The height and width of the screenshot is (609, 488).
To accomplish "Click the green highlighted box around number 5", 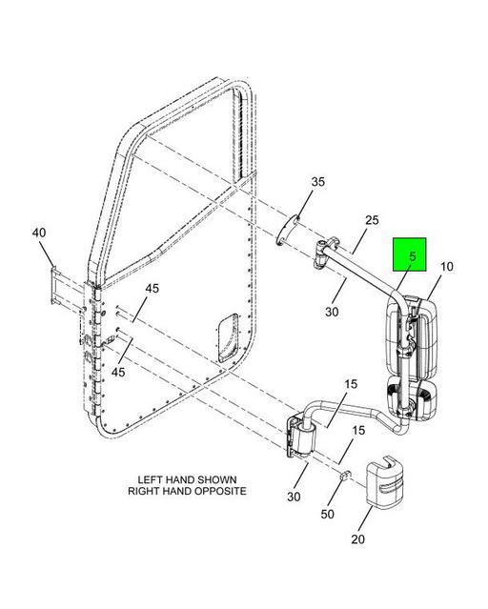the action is coord(410,254).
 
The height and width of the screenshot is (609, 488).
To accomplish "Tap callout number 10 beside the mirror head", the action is coord(447,267).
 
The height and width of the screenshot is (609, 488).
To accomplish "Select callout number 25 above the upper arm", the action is coord(372,220).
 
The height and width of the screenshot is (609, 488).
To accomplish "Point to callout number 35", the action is coord(317,182).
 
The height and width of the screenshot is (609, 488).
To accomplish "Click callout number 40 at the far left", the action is coord(39,233).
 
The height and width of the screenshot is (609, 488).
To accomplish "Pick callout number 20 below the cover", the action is coord(357,539).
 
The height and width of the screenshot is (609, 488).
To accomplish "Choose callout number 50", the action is coord(328,514).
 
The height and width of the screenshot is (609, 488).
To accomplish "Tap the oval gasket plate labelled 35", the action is coord(288,230).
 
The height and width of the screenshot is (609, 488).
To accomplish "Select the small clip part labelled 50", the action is coord(345,475).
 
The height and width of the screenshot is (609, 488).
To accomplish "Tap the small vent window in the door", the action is coord(229,338).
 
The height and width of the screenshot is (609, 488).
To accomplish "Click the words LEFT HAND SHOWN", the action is coord(187,479).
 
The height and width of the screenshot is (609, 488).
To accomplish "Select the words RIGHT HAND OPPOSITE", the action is coord(187,491).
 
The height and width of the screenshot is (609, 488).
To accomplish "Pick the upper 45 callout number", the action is coord(152,289).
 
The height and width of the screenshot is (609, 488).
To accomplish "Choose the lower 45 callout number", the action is coord(118,372).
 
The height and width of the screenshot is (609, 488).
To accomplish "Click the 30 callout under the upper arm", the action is coord(332,312).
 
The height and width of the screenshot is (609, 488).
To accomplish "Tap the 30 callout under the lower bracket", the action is coord(294,497).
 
